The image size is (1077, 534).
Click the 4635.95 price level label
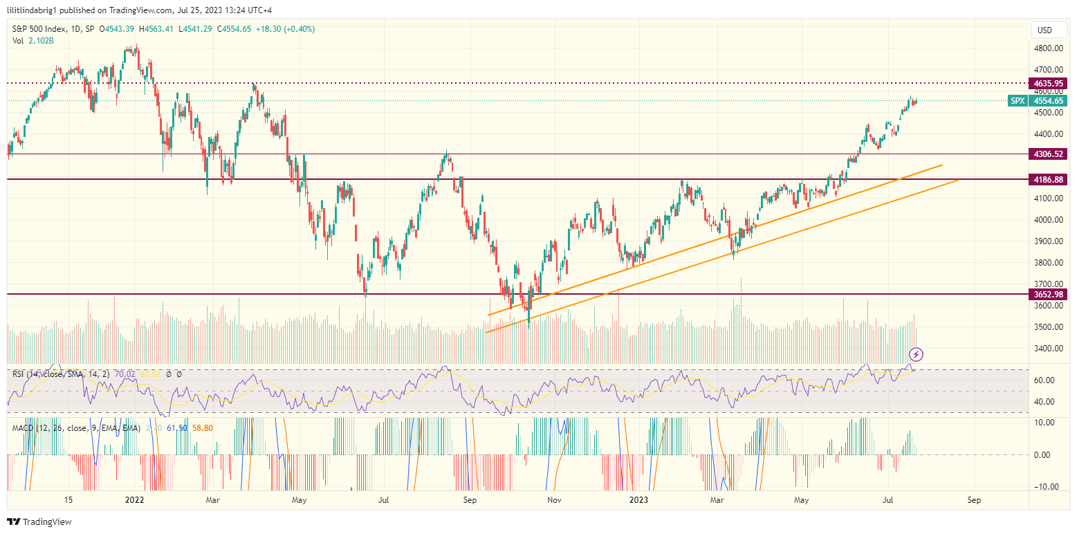click(x=1049, y=83)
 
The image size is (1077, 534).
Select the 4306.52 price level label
click(x=1049, y=154)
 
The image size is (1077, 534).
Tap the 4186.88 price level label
click(x=1049, y=179)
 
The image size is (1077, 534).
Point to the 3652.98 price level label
click(x=1049, y=294)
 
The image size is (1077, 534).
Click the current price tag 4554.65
click(x=1049, y=101)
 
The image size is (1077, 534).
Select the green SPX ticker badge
click(x=1018, y=101)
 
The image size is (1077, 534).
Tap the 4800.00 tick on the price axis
click(x=1049, y=48)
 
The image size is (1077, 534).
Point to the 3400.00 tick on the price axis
click(x=1049, y=348)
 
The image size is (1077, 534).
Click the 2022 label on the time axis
click(x=134, y=499)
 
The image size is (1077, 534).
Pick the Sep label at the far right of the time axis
click(x=974, y=499)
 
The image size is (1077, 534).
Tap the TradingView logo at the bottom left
click(x=39, y=522)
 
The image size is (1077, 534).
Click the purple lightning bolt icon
click(x=917, y=355)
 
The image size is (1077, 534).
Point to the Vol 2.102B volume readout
click(x=33, y=41)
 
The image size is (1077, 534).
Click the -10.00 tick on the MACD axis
click(x=1047, y=486)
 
